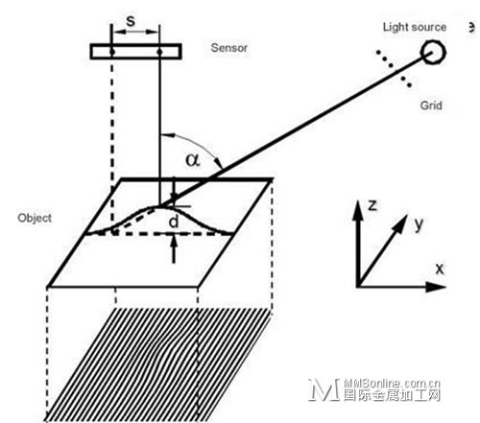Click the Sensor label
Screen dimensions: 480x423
[x=229, y=48]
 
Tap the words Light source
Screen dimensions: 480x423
[x=415, y=27]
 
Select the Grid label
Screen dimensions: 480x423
[x=431, y=106]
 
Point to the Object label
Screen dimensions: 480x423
[x=35, y=218]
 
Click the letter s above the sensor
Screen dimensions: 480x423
[x=131, y=21]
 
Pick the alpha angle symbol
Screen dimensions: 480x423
[x=193, y=159]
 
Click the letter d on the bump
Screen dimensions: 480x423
[x=173, y=222]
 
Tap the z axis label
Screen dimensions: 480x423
[x=372, y=205]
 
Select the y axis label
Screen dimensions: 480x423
[x=419, y=224]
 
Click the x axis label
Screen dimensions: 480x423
[x=440, y=269]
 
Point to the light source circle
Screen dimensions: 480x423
[x=433, y=52]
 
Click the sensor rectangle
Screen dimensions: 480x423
[x=136, y=52]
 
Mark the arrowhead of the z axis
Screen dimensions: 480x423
[x=358, y=210]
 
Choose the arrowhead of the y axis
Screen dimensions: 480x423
[x=401, y=223]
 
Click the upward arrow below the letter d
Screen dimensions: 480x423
[x=174, y=248]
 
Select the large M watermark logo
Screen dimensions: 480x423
[x=324, y=389]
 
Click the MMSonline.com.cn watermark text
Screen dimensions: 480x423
[x=393, y=383]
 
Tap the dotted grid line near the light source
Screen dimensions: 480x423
[x=394, y=68]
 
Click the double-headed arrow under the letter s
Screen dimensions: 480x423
[x=135, y=32]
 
